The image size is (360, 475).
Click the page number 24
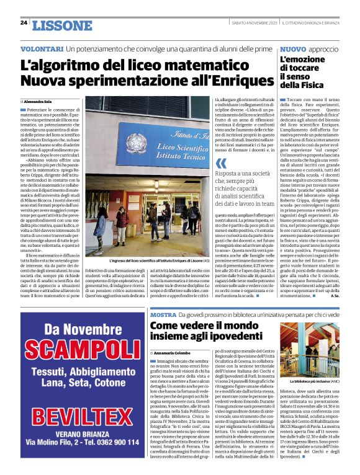(x=24, y=23)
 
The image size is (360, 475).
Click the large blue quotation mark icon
(x=220, y=164)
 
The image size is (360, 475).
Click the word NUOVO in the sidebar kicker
(x=293, y=49)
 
